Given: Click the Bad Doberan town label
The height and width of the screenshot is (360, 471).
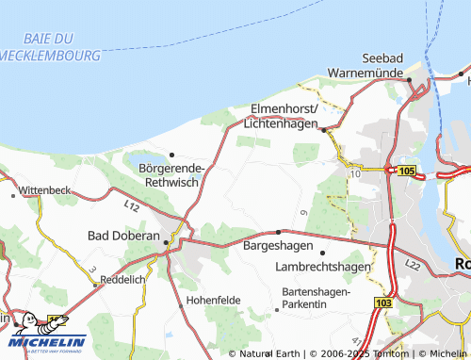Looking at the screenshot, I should pos(123,235).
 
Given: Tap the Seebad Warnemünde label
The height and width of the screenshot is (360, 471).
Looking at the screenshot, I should pos(371,64).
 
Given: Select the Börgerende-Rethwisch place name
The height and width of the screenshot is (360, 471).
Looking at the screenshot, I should pos(177,174).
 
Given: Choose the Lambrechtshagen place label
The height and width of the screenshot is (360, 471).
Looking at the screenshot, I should pos(322,267).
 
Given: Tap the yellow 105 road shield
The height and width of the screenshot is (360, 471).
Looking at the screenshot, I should pos(406,170).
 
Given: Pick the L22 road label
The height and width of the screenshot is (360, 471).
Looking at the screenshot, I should pos(413,269).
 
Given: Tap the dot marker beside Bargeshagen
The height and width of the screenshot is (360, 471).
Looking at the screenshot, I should pos(279,232).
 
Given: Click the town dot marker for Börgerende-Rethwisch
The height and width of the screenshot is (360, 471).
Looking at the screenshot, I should pos(171,155).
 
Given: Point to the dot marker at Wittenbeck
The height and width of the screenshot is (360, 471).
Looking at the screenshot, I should pos(13,195).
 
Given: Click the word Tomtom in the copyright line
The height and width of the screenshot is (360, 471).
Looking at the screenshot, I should pos(388,353).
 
